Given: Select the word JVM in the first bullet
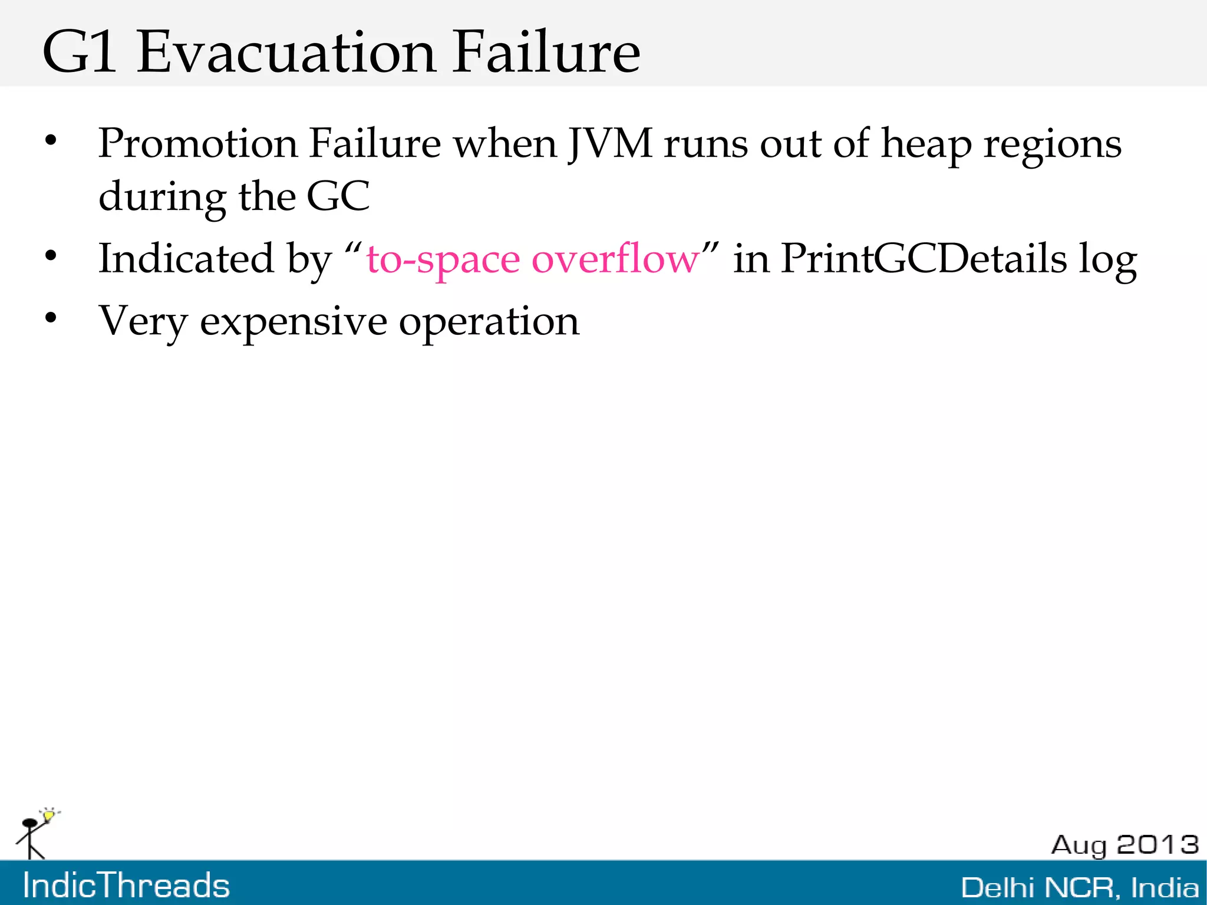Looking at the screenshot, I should point(610,143).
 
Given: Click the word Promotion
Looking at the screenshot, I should point(198,143).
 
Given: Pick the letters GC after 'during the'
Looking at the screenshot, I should point(338,196).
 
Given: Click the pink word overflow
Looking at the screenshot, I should point(615,259).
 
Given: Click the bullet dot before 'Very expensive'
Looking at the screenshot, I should point(51,318).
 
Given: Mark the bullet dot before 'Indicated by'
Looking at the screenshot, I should point(51,256).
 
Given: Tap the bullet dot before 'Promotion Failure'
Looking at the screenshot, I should point(51,140).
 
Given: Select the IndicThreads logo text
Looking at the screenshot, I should point(126,886).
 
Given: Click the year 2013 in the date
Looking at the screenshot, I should point(1157,845).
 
